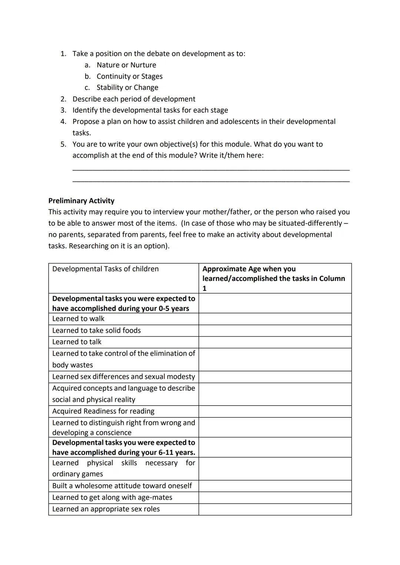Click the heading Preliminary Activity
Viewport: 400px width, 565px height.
point(81,201)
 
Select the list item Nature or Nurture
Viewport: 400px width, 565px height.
point(126,65)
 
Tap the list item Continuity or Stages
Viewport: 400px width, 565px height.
point(129,76)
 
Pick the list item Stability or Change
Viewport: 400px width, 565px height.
point(127,88)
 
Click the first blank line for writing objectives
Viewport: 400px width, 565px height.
point(211,169)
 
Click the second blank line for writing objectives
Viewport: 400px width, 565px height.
point(211,181)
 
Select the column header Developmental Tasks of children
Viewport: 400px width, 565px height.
point(105,269)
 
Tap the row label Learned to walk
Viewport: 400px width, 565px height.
point(78,319)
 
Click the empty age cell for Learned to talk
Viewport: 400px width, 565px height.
point(275,342)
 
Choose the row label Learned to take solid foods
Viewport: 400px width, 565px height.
point(96,330)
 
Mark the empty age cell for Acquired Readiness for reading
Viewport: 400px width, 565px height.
point(275,411)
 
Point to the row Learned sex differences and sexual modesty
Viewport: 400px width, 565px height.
point(123,377)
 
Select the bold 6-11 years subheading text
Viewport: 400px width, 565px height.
point(123,447)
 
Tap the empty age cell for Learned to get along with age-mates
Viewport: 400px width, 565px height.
point(275,497)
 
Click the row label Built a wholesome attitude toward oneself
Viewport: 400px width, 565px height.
point(122,486)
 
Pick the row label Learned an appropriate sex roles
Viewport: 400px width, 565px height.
point(106,509)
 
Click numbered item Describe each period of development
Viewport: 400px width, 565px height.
point(134,99)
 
